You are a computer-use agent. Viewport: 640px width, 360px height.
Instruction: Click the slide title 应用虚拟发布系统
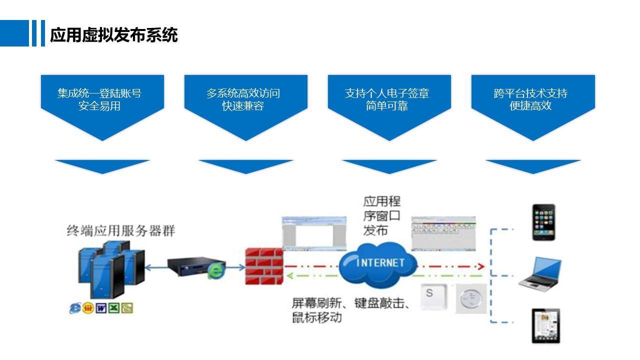pos(114,35)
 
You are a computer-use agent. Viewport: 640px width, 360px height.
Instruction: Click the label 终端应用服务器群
pos(121,231)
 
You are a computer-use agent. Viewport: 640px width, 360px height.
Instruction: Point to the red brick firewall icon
pos(264,266)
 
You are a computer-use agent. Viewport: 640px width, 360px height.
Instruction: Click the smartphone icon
pos(543,222)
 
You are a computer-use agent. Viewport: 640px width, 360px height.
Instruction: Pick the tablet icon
pos(545,325)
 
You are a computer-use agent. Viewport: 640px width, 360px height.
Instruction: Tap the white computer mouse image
pos(471,299)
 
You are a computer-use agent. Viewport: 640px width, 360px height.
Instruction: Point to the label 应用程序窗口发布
pos(382,216)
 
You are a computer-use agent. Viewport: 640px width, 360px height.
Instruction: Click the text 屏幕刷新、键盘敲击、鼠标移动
pos(350,310)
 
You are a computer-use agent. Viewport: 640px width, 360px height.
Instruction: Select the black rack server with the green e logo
pos(195,268)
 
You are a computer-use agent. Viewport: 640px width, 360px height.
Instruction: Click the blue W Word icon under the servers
pos(101,308)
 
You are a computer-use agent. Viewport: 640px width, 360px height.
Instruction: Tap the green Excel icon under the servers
pos(114,308)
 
